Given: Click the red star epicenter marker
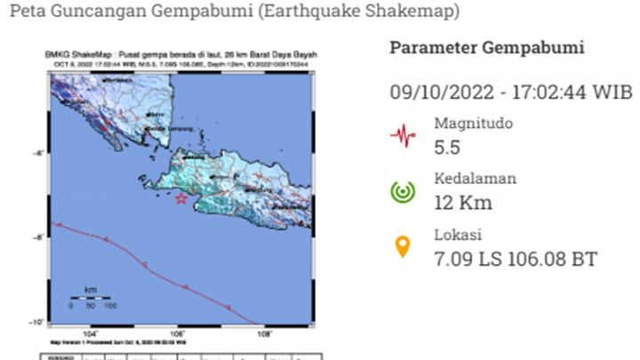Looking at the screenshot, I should click(181, 198).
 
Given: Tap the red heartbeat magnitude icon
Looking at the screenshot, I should click(404, 135).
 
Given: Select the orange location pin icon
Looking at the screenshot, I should click(403, 246).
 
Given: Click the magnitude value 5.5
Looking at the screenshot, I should click(448, 147).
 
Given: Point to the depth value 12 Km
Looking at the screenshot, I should click(462, 203).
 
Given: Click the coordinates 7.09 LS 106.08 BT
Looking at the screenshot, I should click(516, 259).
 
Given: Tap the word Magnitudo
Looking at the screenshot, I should click(473, 124).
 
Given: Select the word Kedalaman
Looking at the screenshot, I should click(476, 180).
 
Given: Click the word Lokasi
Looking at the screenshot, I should click(458, 236).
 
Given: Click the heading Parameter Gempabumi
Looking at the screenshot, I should click(487, 48).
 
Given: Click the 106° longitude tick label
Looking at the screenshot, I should click(179, 334).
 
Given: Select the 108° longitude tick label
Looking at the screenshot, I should click(264, 334).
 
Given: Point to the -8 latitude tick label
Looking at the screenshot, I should click(40, 237).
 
